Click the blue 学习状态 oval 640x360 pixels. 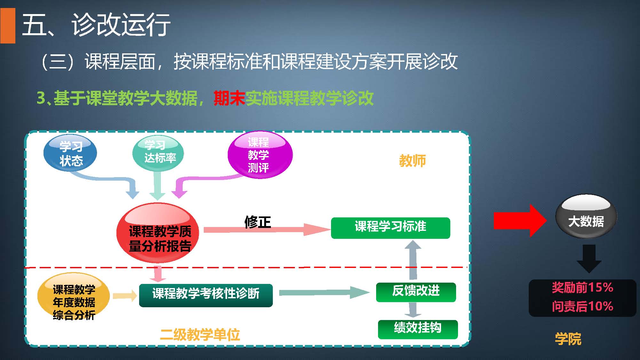click(70, 153)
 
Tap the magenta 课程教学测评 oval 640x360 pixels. click(260, 155)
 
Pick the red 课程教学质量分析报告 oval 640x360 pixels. click(158, 235)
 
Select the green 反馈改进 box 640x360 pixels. click(416, 292)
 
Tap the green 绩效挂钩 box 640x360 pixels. click(417, 329)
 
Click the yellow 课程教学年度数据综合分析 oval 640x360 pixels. click(74, 299)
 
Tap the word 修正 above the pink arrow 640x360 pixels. click(257, 222)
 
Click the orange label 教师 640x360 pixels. click(412, 160)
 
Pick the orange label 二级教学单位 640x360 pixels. click(200, 335)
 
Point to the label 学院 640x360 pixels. click(568, 339)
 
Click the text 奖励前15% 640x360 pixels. click(582, 288)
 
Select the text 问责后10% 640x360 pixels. click(582, 306)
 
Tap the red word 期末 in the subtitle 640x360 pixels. click(229, 98)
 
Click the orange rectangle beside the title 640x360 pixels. click(8, 26)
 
